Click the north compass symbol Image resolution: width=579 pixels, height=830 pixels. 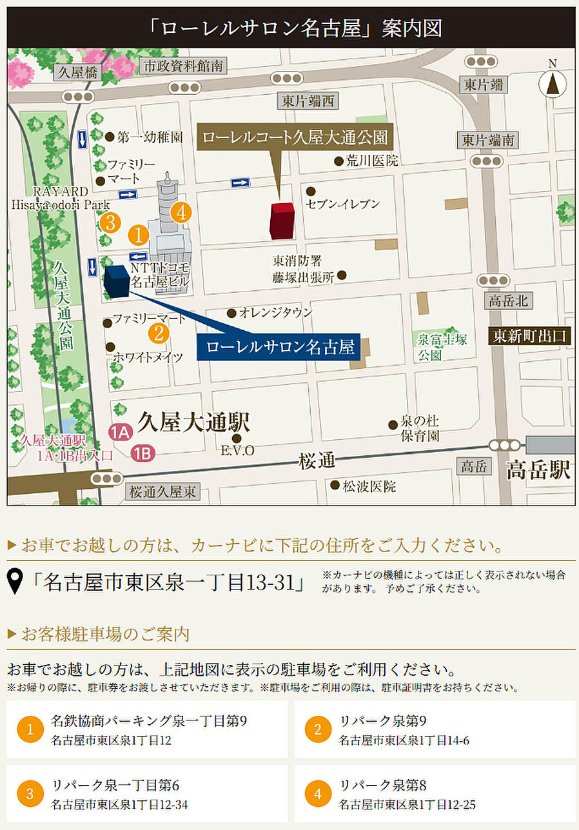click(552, 82)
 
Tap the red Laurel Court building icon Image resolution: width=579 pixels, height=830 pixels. click(282, 221)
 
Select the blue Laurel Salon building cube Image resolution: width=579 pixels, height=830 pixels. click(116, 281)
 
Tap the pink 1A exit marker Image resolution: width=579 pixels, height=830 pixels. click(121, 432)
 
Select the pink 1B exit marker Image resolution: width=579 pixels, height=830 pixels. click(142, 453)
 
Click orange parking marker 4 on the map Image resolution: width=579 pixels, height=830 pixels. click(181, 212)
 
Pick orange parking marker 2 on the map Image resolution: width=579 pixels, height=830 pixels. click(159, 333)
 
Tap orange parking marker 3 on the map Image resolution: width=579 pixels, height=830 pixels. click(111, 223)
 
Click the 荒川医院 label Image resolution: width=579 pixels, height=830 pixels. click(371, 161)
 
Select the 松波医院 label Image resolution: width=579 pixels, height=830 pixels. click(369, 486)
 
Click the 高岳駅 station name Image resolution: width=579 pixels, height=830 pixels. click(538, 469)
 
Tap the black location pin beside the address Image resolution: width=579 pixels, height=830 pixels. click(15, 582)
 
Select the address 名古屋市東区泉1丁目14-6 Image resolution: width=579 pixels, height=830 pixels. click(404, 740)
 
